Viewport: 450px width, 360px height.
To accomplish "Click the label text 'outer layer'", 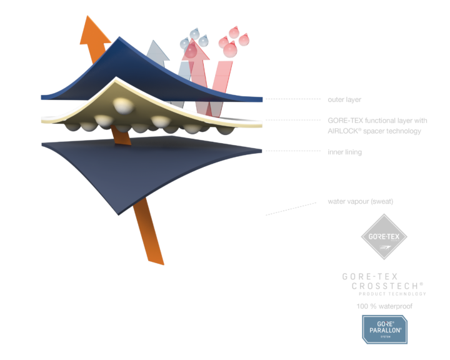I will tap(344, 99).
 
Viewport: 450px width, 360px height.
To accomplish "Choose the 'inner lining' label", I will tap(344, 152).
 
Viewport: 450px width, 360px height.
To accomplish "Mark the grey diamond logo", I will tap(384, 237).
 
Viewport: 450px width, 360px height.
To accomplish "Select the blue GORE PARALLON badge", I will tap(384, 329).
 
